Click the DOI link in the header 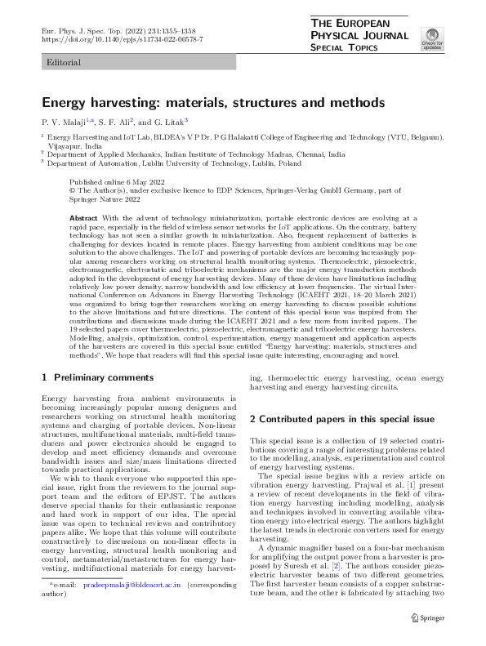tap(122, 39)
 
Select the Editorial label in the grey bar tap(65, 62)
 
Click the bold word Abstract tap(84, 219)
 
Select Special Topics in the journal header tap(345, 48)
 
